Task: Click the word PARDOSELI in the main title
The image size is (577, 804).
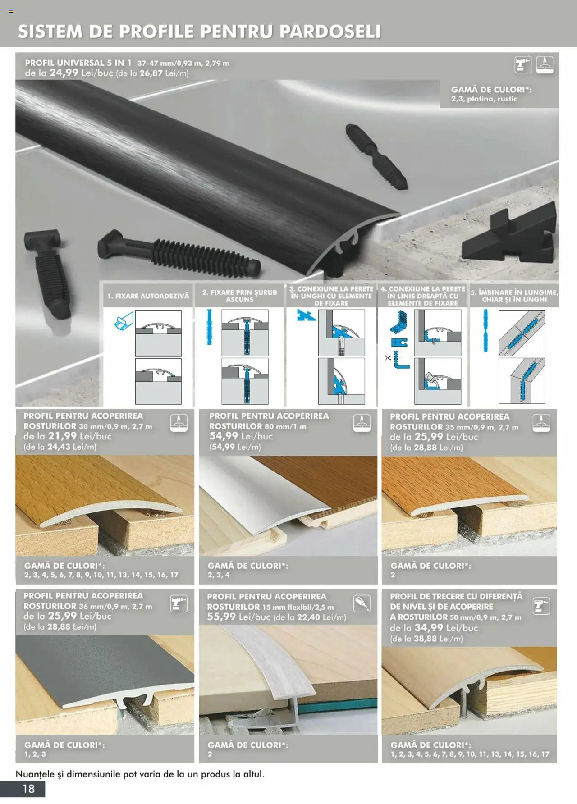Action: click(330, 32)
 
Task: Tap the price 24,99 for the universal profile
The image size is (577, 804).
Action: click(64, 73)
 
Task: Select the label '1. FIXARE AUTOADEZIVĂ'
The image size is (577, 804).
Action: click(148, 296)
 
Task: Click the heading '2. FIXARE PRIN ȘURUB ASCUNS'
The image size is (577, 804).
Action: click(239, 296)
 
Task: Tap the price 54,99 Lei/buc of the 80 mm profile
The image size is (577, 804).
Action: click(241, 436)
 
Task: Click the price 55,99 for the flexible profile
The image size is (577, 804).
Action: click(221, 617)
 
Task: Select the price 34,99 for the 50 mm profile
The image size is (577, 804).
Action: click(429, 628)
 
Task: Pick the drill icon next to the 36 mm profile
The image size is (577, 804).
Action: click(179, 603)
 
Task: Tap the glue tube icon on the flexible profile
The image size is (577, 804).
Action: click(362, 603)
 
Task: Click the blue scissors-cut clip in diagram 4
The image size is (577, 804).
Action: click(399, 360)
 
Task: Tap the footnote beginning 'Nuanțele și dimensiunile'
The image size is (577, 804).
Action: click(140, 774)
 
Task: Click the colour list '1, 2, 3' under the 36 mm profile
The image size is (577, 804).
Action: click(35, 754)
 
